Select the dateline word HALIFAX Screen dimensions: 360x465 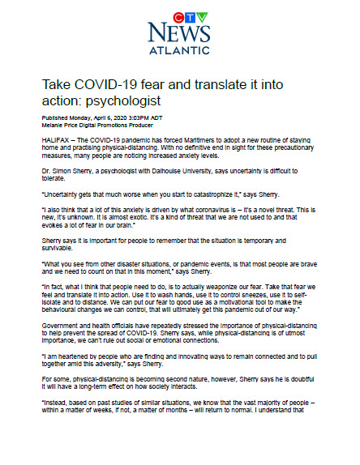[55, 139]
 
